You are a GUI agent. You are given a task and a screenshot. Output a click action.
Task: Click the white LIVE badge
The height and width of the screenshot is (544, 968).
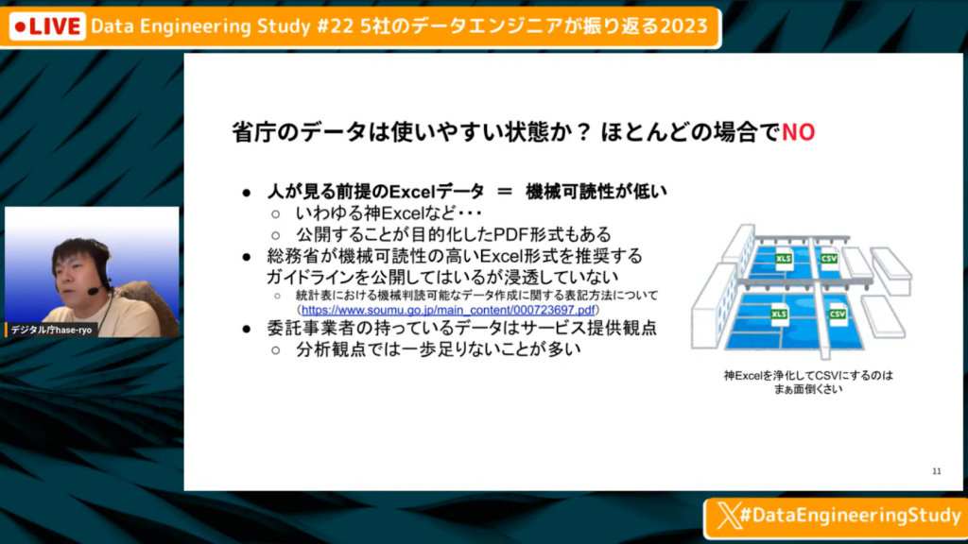47,26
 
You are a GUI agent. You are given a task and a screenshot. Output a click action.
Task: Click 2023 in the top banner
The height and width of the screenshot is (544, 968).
683,25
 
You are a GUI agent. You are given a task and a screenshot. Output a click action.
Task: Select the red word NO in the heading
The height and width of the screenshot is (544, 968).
798,132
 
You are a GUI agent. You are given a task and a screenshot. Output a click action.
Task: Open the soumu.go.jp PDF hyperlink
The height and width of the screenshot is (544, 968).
448,310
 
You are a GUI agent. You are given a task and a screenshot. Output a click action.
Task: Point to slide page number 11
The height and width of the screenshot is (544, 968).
937,471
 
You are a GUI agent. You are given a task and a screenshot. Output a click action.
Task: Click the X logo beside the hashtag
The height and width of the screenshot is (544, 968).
728,515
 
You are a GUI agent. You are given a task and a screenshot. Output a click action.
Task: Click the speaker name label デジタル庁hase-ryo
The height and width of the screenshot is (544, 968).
51,330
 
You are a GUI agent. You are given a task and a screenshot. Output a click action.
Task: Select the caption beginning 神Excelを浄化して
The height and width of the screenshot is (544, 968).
808,382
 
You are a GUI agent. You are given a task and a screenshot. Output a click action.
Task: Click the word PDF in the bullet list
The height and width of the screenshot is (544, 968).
510,234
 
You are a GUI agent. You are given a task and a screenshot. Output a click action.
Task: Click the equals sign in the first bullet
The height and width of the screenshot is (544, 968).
505,192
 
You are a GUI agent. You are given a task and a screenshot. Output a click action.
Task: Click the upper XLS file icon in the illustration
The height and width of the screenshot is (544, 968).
784,259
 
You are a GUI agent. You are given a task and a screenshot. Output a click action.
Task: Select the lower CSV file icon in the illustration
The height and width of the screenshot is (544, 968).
838,314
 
